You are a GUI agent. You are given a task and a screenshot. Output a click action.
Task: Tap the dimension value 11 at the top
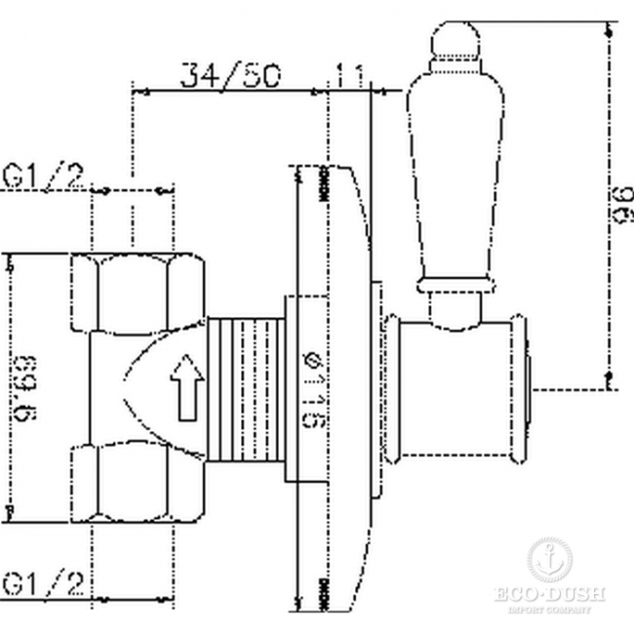point(347,74)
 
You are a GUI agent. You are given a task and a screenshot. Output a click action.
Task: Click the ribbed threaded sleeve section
point(244,385)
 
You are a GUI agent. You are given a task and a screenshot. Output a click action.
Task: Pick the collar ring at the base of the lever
point(451,285)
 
